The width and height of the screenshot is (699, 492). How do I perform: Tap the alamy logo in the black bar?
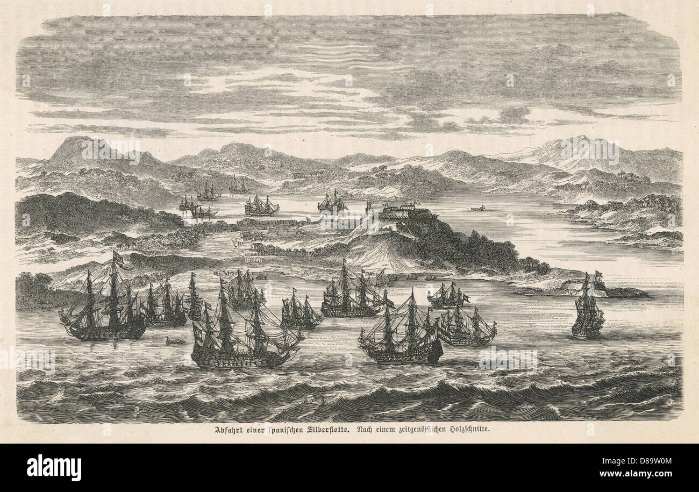pyautogui.click(x=54, y=467)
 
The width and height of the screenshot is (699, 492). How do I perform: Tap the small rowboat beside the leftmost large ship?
pyautogui.click(x=175, y=340)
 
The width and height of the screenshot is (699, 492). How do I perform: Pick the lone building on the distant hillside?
pyautogui.click(x=297, y=176)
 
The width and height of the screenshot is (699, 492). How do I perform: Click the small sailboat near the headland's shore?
pyautogui.click(x=381, y=278)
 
